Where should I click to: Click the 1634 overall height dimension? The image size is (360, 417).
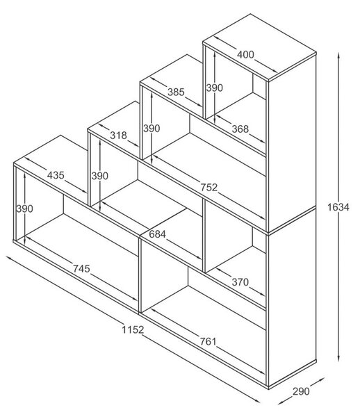(338, 207)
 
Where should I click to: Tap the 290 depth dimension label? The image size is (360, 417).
(301, 391)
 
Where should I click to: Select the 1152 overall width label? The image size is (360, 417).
(133, 329)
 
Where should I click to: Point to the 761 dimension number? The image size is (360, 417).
(208, 341)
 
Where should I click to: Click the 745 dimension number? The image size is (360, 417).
(81, 268)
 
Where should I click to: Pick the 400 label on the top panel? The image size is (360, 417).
(245, 54)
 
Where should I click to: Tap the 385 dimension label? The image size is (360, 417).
(176, 92)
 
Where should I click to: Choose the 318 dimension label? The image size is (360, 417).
(118, 136)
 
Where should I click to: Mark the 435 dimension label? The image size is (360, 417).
(56, 175)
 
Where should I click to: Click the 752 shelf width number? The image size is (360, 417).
(208, 188)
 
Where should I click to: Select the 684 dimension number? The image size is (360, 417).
(157, 234)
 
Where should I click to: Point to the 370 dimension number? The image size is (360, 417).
(240, 282)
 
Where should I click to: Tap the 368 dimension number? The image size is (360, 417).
(240, 129)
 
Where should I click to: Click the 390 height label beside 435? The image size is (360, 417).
(25, 208)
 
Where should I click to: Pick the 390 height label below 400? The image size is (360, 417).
(215, 88)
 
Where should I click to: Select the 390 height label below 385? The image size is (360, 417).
(152, 129)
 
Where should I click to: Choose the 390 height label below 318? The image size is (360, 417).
(100, 176)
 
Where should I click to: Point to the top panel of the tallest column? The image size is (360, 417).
(259, 47)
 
